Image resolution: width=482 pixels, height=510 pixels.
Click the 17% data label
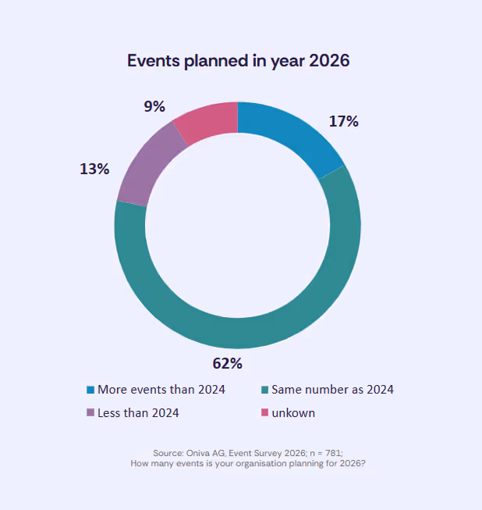tap(342, 121)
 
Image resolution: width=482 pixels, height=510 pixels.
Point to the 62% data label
tap(228, 363)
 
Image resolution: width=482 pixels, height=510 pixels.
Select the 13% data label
tap(94, 168)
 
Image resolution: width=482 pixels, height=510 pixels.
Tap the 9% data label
tap(154, 106)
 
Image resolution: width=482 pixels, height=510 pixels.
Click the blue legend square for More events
tap(90, 390)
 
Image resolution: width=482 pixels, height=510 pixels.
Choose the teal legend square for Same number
tap(264, 390)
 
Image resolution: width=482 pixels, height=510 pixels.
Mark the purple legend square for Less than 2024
tap(90, 413)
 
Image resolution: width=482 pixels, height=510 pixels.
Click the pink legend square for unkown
tap(264, 413)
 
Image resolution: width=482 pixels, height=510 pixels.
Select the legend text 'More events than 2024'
tap(161, 390)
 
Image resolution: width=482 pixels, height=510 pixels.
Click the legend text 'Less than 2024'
tap(138, 413)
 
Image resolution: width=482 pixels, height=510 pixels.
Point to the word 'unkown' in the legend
tap(293, 413)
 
